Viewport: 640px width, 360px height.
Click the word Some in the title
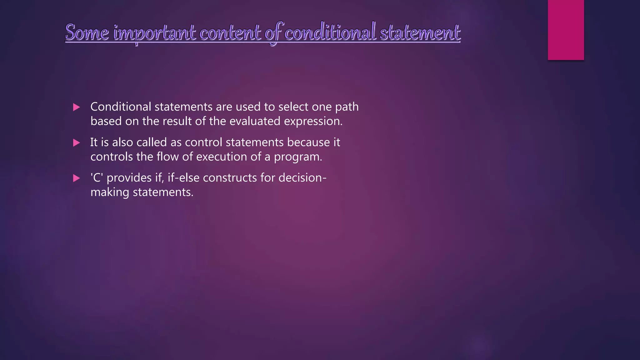(x=87, y=32)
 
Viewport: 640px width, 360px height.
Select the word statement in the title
(x=420, y=32)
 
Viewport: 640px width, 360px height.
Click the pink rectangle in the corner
(x=566, y=30)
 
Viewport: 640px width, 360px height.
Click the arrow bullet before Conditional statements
(x=76, y=107)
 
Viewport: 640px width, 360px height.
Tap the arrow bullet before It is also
(x=76, y=143)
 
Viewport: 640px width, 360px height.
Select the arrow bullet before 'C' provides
(x=76, y=178)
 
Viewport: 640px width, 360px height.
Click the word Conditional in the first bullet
(x=121, y=107)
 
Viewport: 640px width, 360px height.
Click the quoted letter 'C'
(x=97, y=178)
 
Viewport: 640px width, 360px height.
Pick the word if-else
(x=183, y=178)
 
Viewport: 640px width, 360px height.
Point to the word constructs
(x=230, y=178)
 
